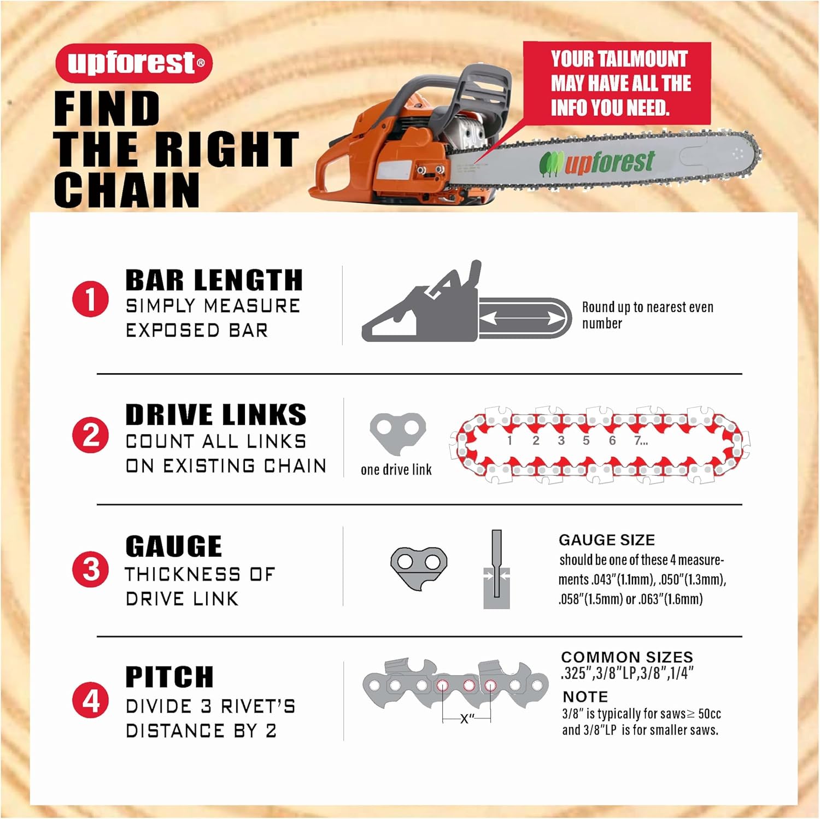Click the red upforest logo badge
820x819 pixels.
coord(133,63)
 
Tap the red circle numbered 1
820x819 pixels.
coord(90,299)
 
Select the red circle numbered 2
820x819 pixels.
coord(90,435)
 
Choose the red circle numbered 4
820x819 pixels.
coord(90,700)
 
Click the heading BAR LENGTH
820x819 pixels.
coord(214,280)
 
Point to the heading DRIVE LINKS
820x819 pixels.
coord(216,415)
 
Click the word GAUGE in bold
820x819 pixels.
coord(174,546)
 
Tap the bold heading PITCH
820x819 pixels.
coord(169,677)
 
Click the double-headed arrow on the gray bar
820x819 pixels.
coord(522,318)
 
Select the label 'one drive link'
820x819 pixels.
coord(396,469)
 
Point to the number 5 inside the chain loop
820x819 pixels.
coord(586,440)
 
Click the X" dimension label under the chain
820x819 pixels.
coord(467,718)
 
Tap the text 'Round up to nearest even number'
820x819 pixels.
coord(648,315)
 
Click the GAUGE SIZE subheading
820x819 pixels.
coord(607,540)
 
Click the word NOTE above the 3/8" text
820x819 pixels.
coord(585,697)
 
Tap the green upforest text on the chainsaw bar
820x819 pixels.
coord(609,162)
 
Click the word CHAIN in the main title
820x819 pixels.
coord(127,190)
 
